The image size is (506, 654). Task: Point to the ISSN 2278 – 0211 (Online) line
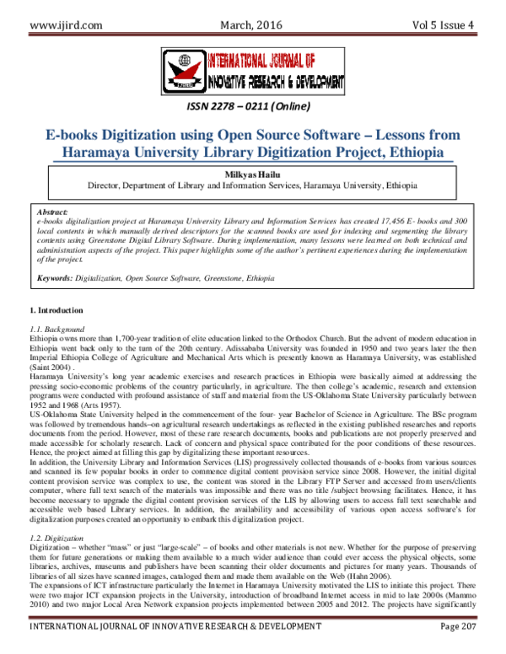[252, 107]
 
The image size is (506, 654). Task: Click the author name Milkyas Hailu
[252, 171]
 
